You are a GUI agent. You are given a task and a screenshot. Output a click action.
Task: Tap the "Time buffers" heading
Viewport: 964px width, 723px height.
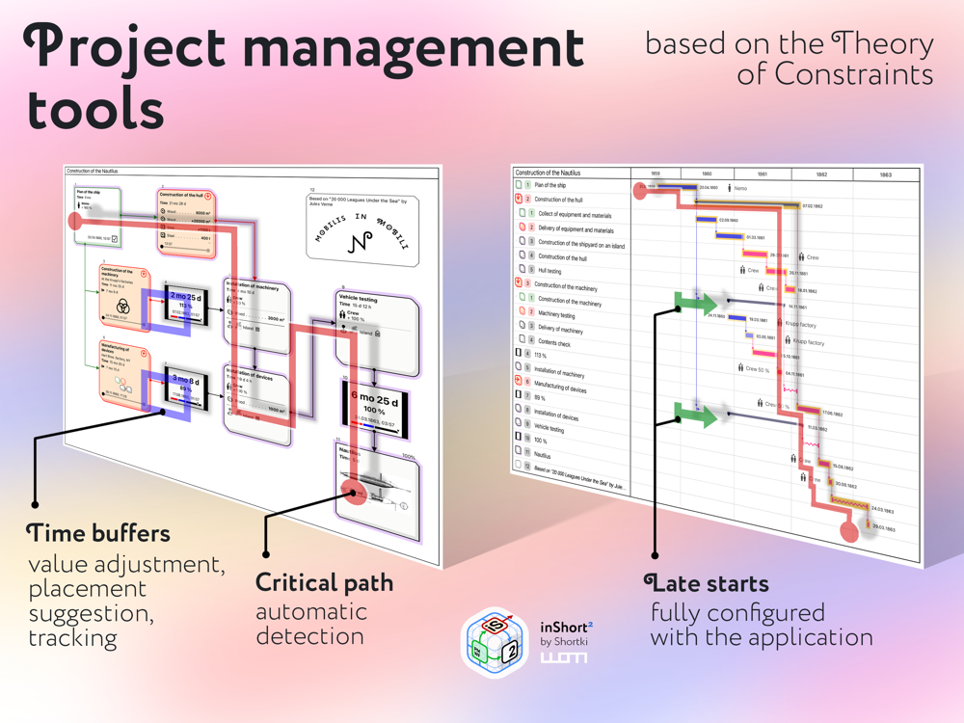tap(98, 533)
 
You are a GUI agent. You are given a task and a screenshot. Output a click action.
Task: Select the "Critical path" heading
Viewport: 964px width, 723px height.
tap(324, 583)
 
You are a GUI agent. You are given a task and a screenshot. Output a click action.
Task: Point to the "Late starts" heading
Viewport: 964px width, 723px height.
tap(707, 583)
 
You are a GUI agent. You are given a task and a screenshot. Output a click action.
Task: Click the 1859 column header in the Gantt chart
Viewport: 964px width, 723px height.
tap(655, 174)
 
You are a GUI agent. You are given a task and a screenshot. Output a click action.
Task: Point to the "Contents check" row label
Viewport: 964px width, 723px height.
tap(557, 341)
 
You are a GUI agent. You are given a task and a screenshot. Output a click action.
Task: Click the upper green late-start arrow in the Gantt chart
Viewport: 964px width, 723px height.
tap(697, 302)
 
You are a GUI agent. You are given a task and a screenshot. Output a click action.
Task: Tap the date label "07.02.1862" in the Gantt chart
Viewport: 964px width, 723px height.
tap(814, 206)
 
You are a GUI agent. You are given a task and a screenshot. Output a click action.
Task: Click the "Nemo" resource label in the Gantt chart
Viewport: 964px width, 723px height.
tap(739, 189)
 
